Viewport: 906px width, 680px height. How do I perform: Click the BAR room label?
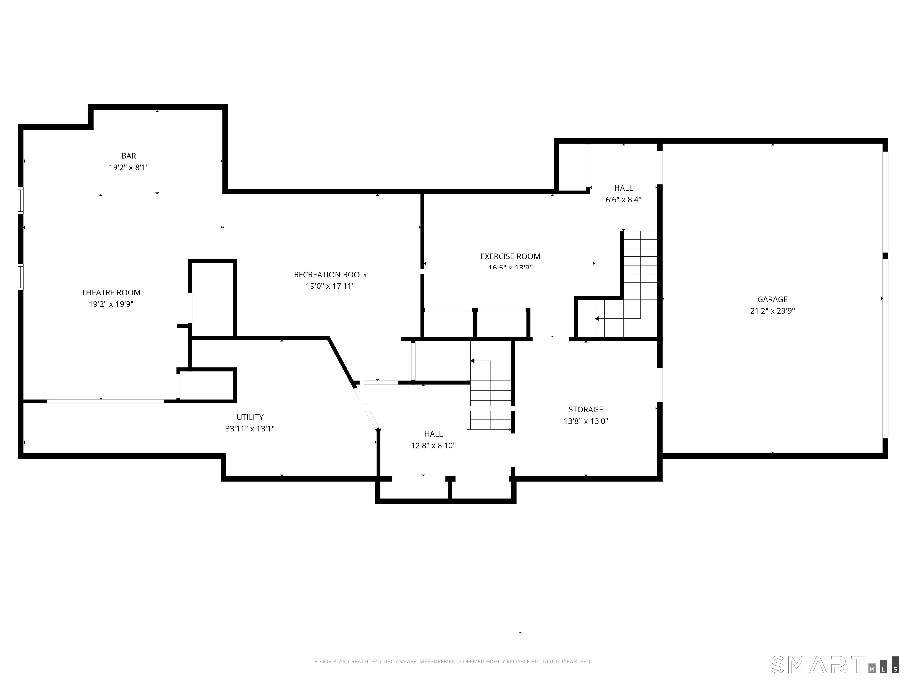(129, 156)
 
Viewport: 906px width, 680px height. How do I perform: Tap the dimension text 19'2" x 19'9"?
(111, 304)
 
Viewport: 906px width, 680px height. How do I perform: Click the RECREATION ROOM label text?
(327, 274)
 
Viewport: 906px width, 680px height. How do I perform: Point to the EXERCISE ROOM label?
(510, 256)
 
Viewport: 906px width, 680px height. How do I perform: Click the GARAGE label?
(772, 299)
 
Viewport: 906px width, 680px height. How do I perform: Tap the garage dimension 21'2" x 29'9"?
(772, 311)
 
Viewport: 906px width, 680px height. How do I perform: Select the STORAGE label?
(586, 409)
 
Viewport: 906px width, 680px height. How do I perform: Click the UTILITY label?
(250, 417)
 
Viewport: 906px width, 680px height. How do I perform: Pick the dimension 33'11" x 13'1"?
(250, 429)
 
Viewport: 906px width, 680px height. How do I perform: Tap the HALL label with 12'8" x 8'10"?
(433, 434)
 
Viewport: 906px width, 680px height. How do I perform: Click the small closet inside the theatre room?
(212, 299)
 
